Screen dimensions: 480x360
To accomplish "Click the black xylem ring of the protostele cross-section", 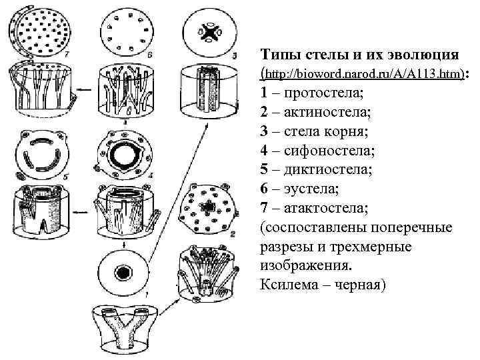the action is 123,273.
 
